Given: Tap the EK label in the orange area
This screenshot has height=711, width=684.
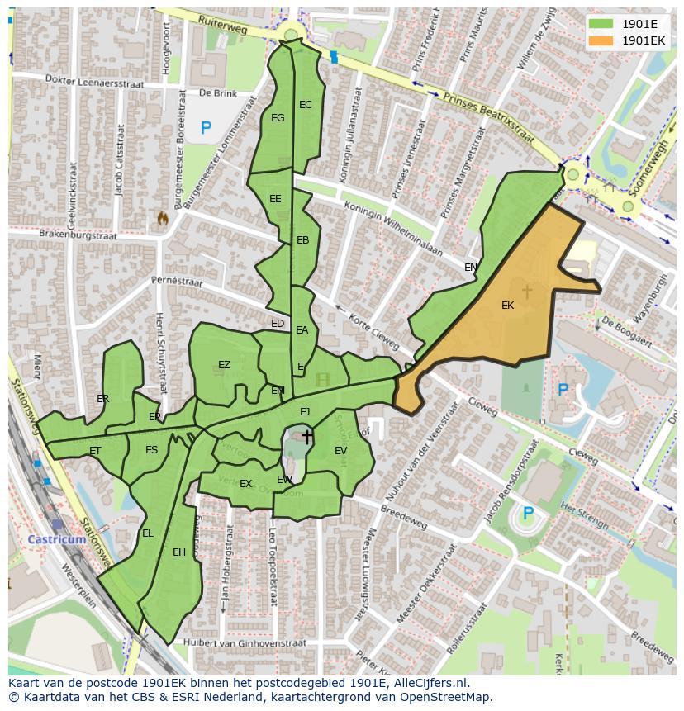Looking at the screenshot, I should point(508,306).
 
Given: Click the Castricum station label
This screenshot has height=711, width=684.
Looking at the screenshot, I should point(57,539).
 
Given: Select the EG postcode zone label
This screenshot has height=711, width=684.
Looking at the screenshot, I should point(278,118).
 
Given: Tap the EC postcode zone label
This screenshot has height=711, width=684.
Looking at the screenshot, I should point(306,105).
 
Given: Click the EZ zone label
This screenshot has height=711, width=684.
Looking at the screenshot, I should point(225,365).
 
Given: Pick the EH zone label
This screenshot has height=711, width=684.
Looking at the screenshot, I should point(179,552).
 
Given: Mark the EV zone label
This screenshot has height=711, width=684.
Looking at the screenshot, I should point(341,450).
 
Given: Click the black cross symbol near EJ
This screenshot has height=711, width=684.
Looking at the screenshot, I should point(307,437).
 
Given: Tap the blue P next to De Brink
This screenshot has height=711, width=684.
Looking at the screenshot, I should point(206,128).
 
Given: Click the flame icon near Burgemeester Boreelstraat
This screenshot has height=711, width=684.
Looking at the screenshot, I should point(163,219).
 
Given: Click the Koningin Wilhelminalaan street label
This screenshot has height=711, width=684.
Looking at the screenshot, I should point(394,229).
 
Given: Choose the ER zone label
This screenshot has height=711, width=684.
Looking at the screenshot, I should point(103,399).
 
